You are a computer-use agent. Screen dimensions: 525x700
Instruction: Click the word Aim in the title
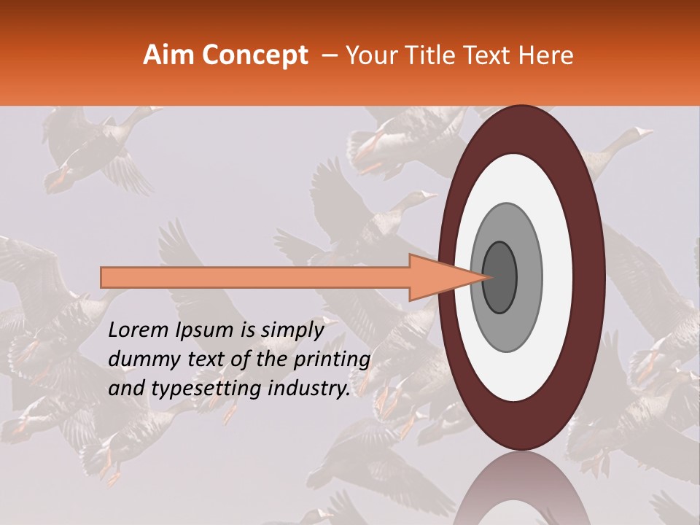click(x=166, y=55)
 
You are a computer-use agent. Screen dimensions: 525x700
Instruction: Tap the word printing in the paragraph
click(x=332, y=360)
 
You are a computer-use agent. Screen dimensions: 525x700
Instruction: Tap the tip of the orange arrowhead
click(x=487, y=277)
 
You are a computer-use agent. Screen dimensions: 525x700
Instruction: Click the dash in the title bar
click(x=330, y=55)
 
